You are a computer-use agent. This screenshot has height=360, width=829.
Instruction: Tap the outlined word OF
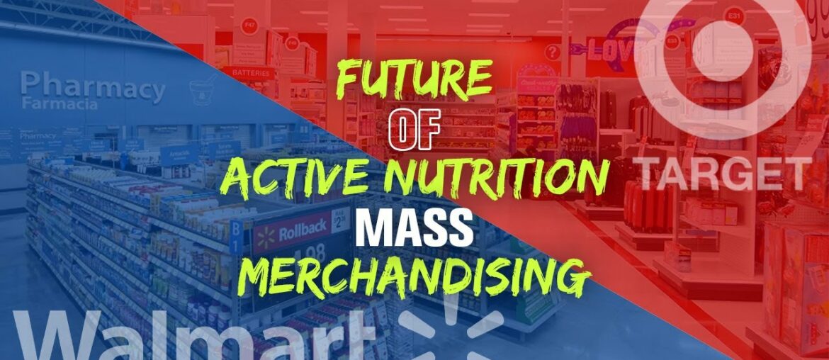[414, 133]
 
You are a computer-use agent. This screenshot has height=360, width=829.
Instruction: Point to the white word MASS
[414, 228]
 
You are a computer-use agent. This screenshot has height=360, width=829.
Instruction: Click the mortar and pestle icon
[203, 92]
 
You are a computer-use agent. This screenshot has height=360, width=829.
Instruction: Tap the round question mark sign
[553, 52]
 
